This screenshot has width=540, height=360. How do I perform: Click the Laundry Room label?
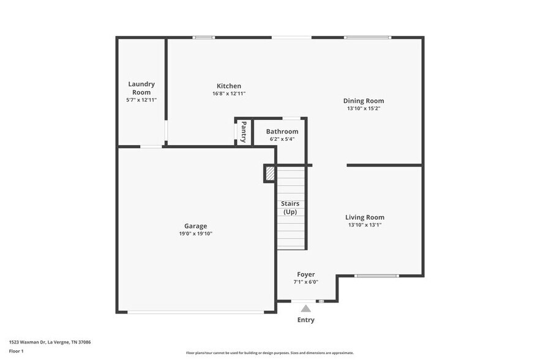point(141,88)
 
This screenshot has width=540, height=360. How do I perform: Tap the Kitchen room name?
point(229,86)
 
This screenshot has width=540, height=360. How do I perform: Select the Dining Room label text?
point(364,101)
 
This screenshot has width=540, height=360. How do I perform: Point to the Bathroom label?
point(282,132)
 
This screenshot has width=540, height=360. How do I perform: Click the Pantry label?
point(244,132)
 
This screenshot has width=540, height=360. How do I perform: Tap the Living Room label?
point(365,217)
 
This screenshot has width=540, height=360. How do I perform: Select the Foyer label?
point(306,275)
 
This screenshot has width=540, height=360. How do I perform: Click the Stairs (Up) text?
point(290,208)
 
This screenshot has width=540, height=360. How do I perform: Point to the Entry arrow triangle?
point(306,309)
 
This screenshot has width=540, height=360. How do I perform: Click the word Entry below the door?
point(306,320)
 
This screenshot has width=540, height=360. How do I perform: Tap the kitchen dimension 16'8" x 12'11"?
point(229,94)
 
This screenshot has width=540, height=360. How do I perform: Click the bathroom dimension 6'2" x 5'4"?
point(282,139)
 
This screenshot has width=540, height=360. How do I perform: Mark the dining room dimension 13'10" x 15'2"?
point(364,108)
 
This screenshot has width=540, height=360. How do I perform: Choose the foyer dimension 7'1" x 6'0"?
point(306,282)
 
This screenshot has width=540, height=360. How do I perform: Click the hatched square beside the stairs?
point(270,174)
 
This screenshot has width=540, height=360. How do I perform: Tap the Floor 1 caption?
point(16,351)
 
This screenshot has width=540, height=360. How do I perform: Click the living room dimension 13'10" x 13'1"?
point(365,225)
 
